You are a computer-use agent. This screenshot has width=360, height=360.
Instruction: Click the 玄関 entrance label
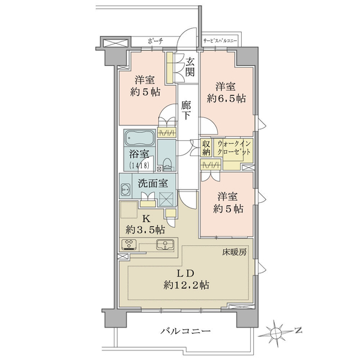point(190,67)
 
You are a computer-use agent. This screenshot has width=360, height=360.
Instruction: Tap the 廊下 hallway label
point(186,110)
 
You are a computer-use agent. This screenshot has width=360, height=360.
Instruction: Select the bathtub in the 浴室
point(140,138)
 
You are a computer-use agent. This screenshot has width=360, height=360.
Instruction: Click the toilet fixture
point(167,163)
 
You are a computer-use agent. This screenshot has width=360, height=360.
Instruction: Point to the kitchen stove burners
point(130,244)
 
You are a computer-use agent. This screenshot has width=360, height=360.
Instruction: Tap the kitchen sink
point(165,244)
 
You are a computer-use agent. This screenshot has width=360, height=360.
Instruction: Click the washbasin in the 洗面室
point(125,190)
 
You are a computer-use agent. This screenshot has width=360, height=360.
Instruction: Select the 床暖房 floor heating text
point(234,253)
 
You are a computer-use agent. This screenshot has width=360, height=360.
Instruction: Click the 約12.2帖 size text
point(186,285)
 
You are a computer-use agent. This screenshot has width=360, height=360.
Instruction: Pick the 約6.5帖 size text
point(226,99)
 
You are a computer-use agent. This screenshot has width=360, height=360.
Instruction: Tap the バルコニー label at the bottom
point(185,331)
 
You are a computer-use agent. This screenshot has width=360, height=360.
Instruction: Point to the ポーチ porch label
point(155,41)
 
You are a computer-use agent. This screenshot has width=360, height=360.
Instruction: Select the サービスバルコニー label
point(220,41)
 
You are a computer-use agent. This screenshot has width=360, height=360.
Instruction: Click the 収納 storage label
point(206,148)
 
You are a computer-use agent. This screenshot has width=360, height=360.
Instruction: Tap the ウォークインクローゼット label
point(234,148)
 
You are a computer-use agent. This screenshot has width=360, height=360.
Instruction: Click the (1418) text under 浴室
point(139,165)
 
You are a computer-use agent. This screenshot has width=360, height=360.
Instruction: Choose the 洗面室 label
point(152,183)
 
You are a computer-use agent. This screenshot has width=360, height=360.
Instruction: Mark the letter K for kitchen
point(146,219)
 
